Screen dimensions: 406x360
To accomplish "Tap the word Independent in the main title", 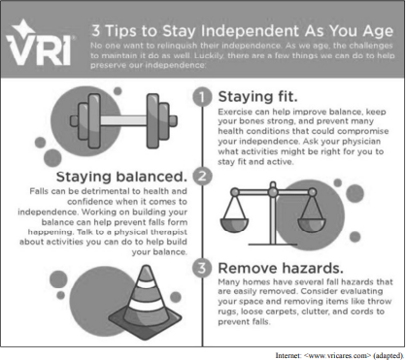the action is tap(250, 31).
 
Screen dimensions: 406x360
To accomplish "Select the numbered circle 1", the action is tap(202, 97).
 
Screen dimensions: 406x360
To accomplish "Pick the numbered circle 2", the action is tap(202, 176).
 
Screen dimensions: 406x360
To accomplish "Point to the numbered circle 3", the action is tap(202, 268).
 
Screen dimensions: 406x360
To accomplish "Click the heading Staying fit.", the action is tap(257, 96).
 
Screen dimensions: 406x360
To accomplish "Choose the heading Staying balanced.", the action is tap(121, 177).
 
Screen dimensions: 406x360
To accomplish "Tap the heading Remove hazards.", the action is tap(281, 268).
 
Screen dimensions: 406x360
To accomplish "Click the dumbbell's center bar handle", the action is tap(123, 120).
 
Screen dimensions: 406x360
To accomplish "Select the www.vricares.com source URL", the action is tap(339, 355).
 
